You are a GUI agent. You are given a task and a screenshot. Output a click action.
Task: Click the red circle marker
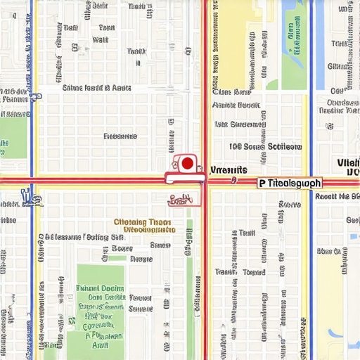pos(187,164)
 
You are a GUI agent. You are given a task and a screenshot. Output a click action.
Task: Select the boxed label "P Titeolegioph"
pos(289,183)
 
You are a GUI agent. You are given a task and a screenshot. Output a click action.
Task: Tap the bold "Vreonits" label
pos(229,170)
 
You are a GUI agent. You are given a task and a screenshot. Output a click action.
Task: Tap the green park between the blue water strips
pos(293,42)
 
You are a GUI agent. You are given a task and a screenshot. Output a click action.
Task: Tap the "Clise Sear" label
pos(232,92)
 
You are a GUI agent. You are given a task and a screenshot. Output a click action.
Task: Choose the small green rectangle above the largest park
pos(117,258)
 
